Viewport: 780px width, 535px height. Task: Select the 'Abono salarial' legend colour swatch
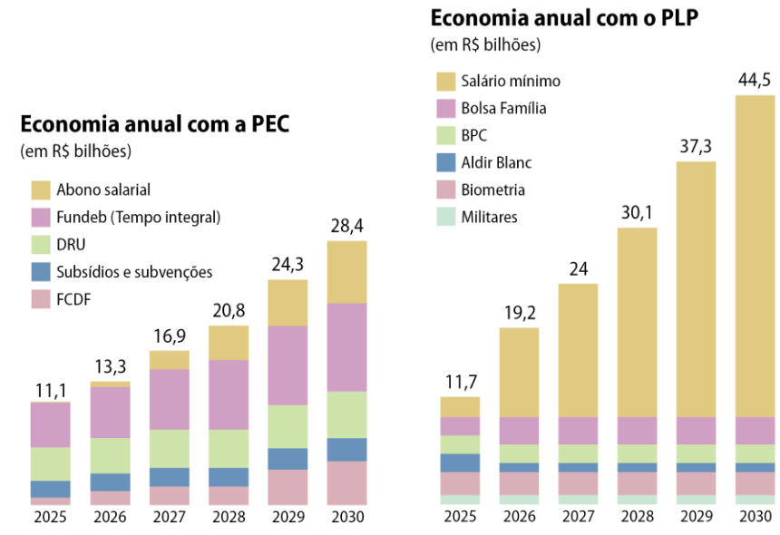[41, 190]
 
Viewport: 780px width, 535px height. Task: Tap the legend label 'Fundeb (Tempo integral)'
[139, 217]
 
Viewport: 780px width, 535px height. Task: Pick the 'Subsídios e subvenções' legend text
[134, 271]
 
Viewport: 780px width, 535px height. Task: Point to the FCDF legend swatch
[41, 298]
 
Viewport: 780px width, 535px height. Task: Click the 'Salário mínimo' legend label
[511, 81]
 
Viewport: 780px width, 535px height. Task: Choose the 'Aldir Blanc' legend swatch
[445, 162]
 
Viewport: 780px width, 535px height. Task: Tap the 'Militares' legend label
[490, 217]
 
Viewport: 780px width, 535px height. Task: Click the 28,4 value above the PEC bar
[347, 225]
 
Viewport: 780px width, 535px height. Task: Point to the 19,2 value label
[519, 313]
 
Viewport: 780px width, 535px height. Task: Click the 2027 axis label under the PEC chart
[170, 518]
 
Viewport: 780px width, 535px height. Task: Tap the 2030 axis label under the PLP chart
[756, 518]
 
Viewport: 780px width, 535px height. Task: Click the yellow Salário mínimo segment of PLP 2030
[756, 254]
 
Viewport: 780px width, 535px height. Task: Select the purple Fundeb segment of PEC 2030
[347, 346]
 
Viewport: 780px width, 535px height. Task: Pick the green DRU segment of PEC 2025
[50, 463]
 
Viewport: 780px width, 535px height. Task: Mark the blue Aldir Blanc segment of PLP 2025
[460, 462]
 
